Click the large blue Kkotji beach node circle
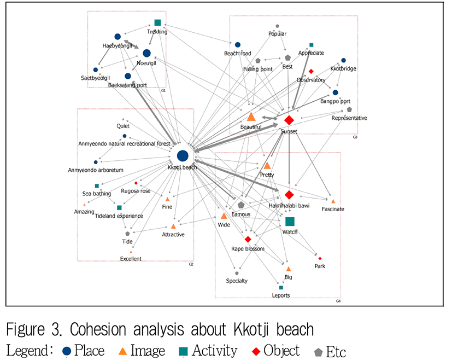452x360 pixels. (183, 156)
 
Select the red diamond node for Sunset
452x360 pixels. (289, 120)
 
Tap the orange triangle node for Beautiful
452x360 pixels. (251, 117)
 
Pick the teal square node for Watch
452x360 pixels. (290, 221)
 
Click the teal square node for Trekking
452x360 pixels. (157, 22)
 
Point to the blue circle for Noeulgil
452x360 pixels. (146, 53)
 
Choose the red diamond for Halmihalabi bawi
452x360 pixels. (289, 194)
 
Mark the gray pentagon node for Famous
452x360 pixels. (241, 205)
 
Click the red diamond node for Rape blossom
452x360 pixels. (248, 239)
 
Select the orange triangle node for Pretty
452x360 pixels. (267, 165)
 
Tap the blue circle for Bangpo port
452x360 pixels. (336, 92)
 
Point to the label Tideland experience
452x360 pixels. (119, 216)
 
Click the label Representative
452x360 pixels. (349, 118)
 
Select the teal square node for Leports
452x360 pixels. (281, 287)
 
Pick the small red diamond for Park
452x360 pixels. (320, 258)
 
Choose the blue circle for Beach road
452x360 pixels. (238, 45)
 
